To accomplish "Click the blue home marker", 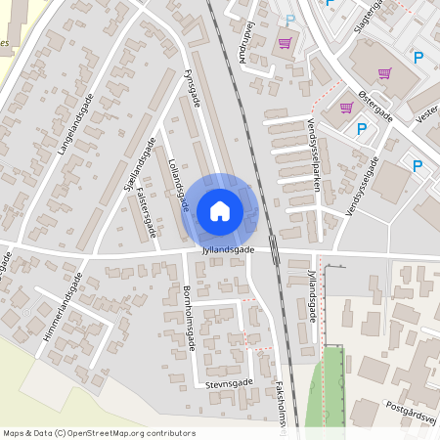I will click(x=220, y=210).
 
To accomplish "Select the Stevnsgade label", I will click(x=230, y=384).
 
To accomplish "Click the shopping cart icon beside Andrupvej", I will click(x=286, y=43).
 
